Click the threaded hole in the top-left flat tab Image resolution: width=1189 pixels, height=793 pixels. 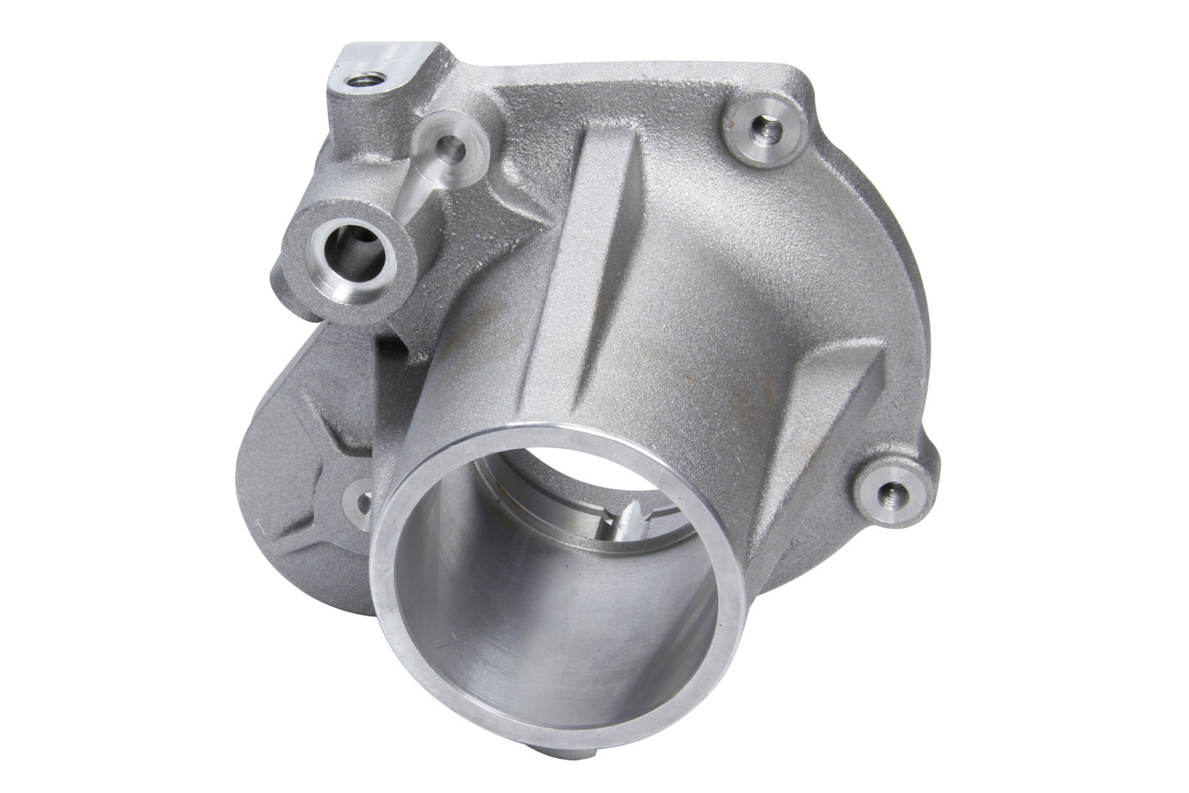(350, 81)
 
